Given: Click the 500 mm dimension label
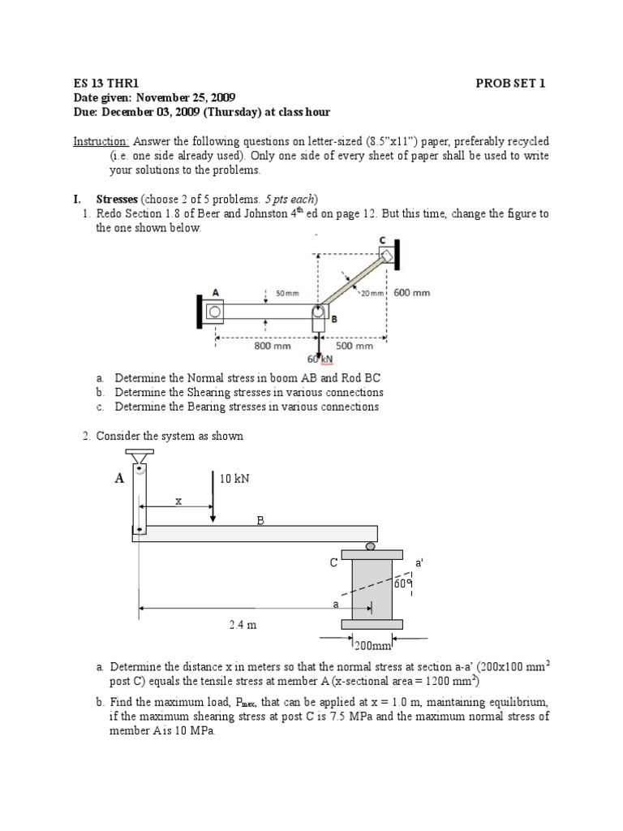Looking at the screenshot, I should coord(354,345).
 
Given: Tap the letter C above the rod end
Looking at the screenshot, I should coord(382,240).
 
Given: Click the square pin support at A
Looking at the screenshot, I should coord(215,310).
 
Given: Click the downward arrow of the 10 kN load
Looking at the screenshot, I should coord(213,495).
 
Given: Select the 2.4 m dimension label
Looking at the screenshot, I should coord(238,625).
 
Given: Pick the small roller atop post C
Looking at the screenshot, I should coord(371,546).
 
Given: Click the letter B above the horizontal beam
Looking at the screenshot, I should coord(260,521).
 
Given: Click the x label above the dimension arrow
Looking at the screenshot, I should coord(178,502).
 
